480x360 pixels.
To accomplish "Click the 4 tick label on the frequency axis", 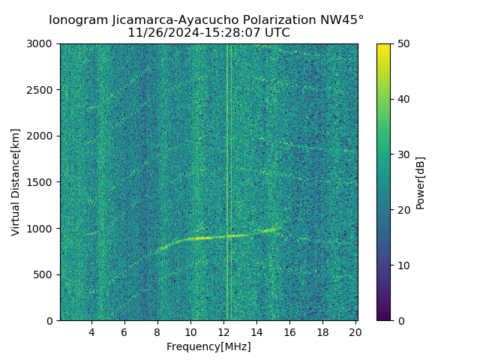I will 91,332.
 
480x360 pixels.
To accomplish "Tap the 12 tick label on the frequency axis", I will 223,332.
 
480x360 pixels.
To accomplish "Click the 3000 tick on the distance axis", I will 42,43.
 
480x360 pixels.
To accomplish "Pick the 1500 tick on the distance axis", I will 42,182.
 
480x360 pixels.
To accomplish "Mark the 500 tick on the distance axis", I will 45,274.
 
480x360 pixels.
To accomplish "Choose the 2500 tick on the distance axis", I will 42,90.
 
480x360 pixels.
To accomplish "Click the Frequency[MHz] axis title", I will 208,346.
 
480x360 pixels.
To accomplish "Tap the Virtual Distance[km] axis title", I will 16,181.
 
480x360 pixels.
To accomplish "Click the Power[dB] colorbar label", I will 421,181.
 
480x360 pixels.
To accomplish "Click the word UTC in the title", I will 275,33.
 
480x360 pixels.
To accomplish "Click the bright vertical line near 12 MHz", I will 227,150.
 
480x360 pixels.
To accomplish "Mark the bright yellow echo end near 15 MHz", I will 274,229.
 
